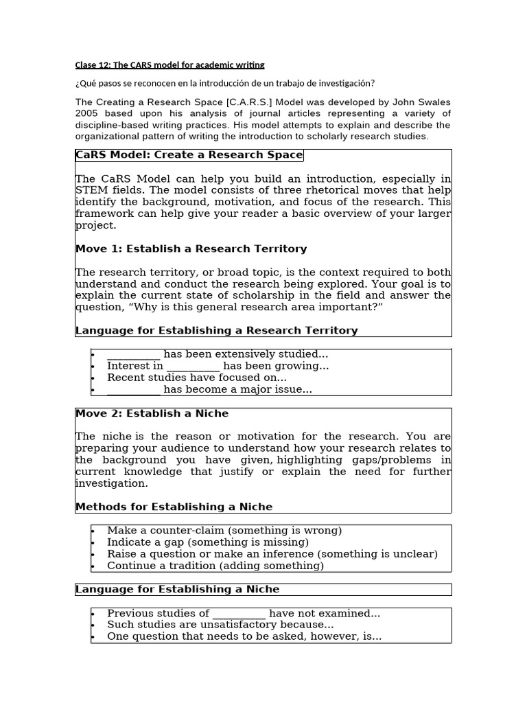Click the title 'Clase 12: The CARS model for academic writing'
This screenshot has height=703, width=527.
169,65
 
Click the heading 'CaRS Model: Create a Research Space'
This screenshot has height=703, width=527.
189,155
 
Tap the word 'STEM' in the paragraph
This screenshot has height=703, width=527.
89,190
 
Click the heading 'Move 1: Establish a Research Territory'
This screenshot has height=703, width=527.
191,249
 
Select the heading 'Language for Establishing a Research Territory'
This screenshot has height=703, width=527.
216,330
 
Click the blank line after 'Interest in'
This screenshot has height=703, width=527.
193,367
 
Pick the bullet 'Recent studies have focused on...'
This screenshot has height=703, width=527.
197,378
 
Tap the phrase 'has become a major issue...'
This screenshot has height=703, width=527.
237,389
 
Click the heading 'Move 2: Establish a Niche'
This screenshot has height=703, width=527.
152,413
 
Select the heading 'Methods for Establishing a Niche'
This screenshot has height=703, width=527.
174,507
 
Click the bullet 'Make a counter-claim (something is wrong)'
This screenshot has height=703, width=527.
224,531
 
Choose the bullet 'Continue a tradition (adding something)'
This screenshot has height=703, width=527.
215,566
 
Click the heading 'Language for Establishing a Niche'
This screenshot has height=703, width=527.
177,589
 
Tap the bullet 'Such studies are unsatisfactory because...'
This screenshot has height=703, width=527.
220,625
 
